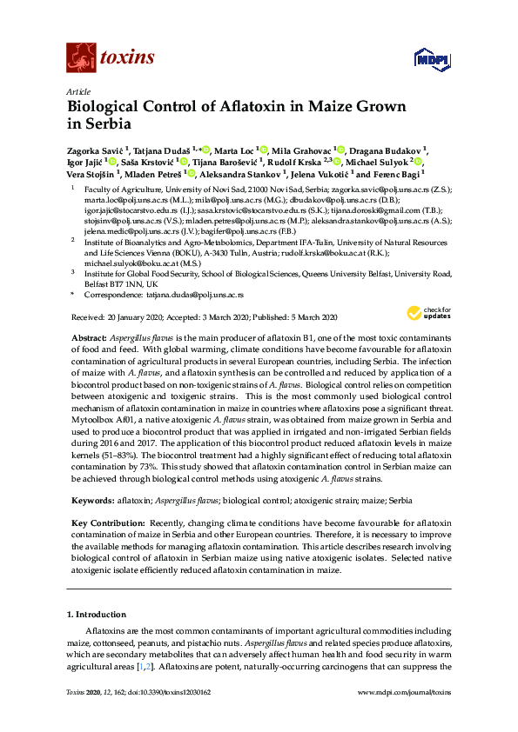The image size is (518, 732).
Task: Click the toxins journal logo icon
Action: [x=80, y=57]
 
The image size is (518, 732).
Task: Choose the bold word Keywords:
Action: [x=90, y=501]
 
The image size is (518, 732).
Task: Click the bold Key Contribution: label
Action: [x=108, y=522]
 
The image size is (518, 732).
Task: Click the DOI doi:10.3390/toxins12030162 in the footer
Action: [x=174, y=715]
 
